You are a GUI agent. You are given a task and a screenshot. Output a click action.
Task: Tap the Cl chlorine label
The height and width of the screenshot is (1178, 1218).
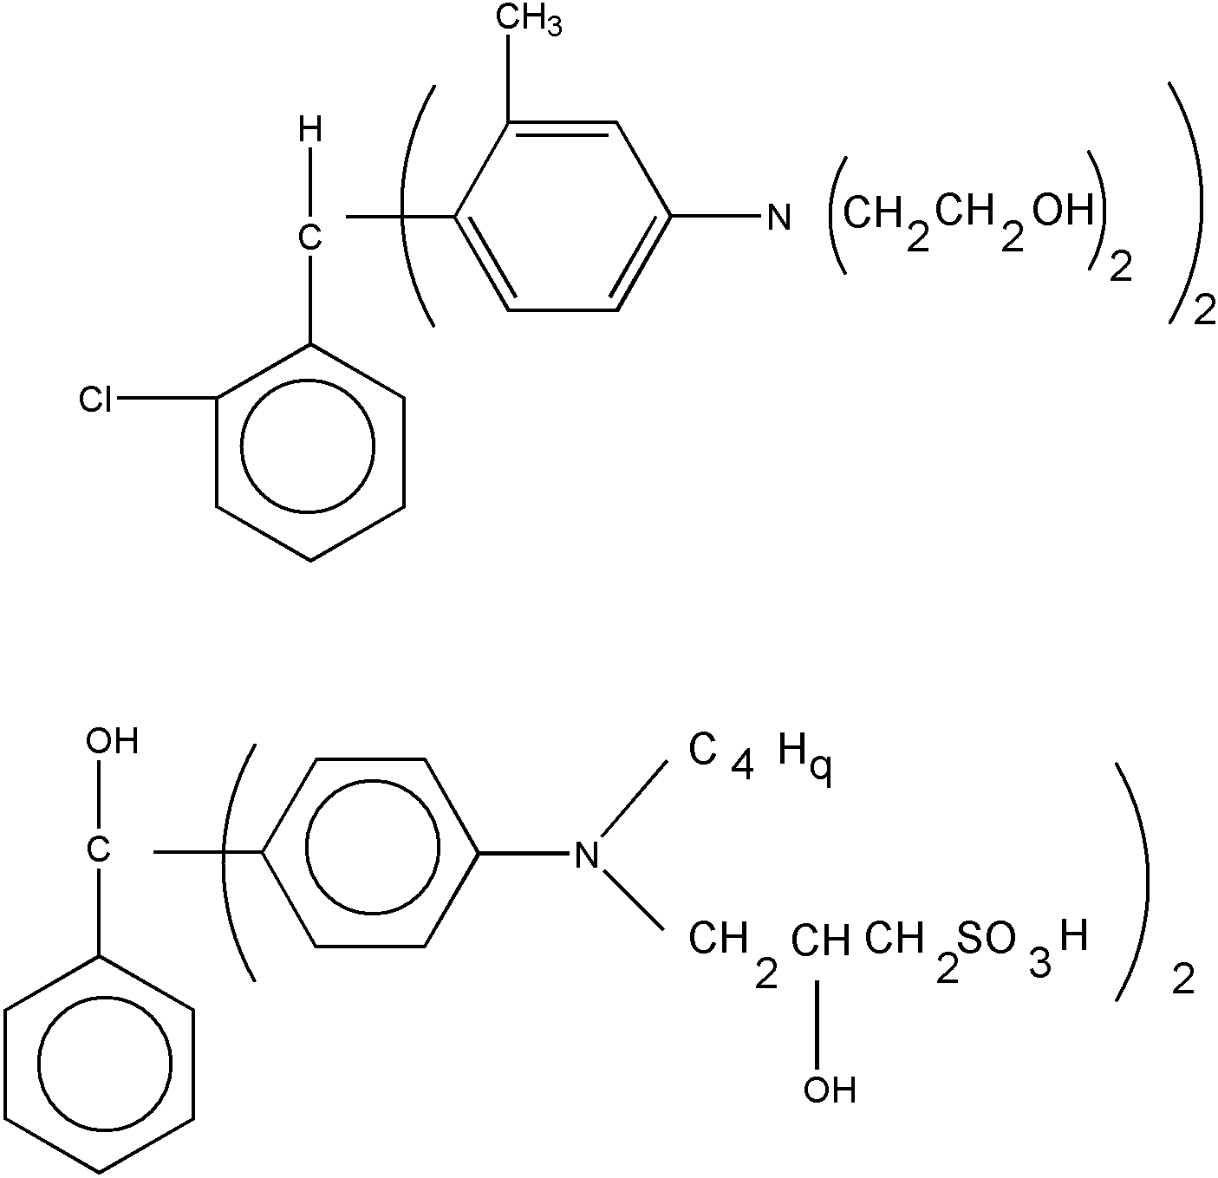95,399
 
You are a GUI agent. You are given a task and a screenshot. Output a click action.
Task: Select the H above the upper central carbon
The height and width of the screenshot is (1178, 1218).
309,132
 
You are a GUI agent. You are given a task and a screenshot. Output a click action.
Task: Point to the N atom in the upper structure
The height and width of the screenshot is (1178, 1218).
779,218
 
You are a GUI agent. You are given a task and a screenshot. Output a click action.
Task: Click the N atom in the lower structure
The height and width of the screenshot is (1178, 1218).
587,855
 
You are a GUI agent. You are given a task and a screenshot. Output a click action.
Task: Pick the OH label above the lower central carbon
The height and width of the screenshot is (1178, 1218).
112,741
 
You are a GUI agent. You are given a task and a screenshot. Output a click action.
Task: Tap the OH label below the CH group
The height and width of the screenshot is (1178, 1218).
830,1090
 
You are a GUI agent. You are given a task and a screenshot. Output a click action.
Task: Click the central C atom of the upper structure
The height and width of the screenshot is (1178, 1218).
309,238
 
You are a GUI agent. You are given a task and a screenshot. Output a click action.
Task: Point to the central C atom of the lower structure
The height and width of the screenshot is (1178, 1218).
98,850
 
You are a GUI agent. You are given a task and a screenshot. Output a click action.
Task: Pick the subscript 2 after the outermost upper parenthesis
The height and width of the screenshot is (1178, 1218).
1204,311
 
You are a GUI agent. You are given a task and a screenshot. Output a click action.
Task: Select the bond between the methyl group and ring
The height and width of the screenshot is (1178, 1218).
508,78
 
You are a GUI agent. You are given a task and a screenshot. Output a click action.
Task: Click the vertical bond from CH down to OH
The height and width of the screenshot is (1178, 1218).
817,1025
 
